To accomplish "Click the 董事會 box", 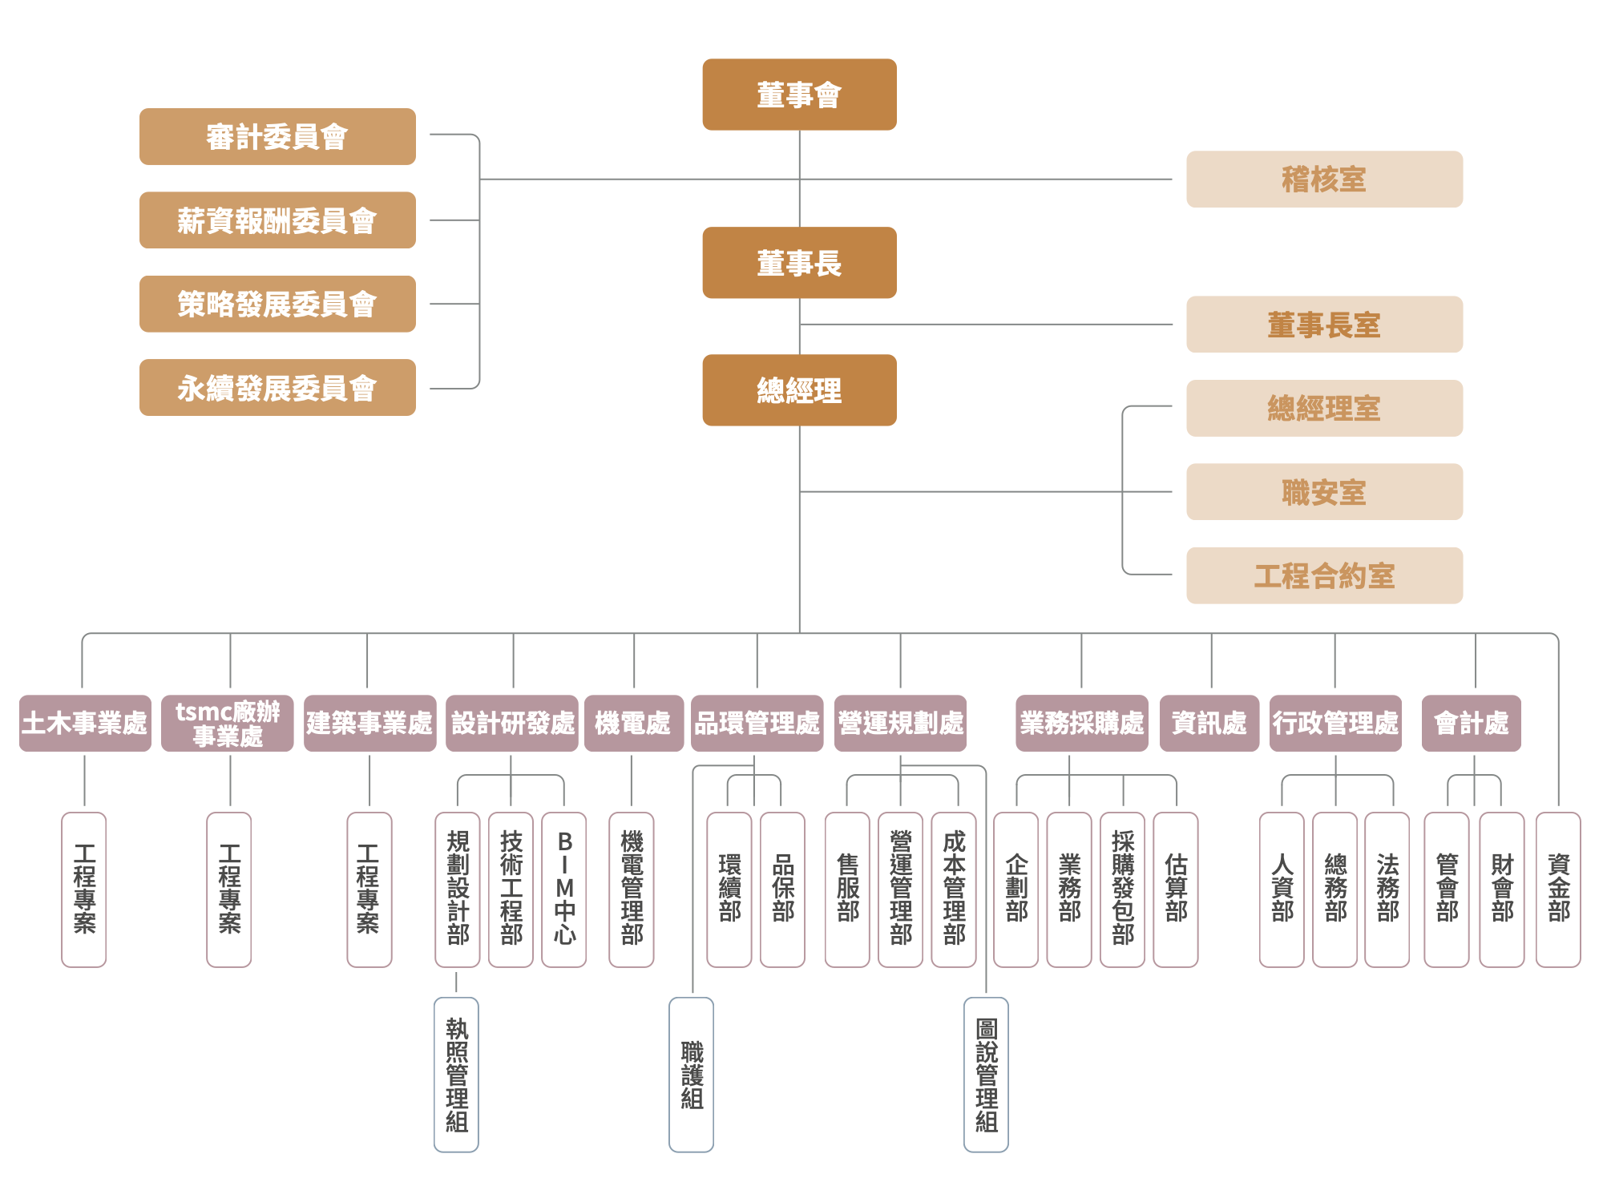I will (x=799, y=95).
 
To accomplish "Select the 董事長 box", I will (x=799, y=263).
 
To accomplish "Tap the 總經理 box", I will (x=799, y=390).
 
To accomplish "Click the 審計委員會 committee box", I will (x=277, y=137).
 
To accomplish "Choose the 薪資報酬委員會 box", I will (x=277, y=220).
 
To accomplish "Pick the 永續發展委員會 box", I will (x=277, y=388).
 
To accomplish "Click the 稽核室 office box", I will (x=1324, y=180).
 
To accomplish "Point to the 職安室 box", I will (x=1324, y=492).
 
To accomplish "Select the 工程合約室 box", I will (x=1324, y=575).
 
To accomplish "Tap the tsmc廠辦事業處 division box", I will (x=228, y=723).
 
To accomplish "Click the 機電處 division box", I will (x=633, y=723).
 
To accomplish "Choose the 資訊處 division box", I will (x=1209, y=723).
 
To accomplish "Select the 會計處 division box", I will (x=1471, y=723).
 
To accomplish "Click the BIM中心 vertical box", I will (x=564, y=889).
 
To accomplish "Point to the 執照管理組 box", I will (x=457, y=1075).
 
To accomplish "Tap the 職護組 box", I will (x=692, y=1075).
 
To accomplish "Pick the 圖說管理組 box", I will (x=986, y=1075).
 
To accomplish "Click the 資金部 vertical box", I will (x=1558, y=889).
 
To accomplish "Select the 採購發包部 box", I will (x=1122, y=889).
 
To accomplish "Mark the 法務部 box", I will (x=1387, y=889).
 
